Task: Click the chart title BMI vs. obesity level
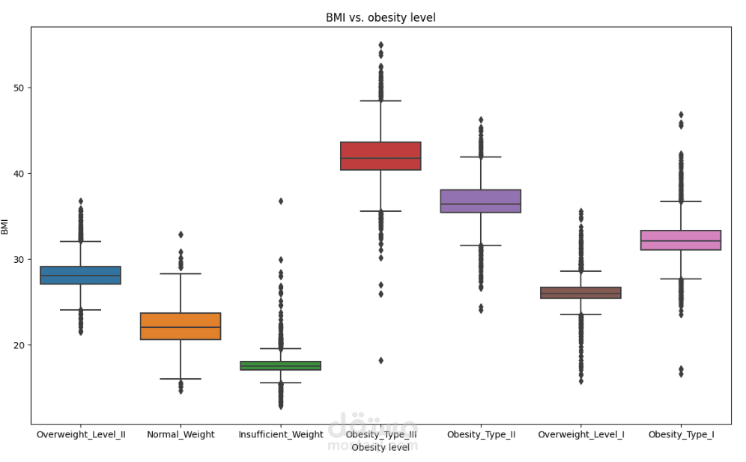(x=380, y=17)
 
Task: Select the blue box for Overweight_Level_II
(x=81, y=275)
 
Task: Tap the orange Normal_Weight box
(x=181, y=326)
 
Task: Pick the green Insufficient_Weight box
(x=281, y=365)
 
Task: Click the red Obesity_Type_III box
(x=380, y=156)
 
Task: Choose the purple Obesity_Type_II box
(x=481, y=201)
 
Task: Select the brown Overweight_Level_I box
(x=580, y=293)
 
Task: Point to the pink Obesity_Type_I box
(x=681, y=240)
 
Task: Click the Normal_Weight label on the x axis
(x=181, y=435)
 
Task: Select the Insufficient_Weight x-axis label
(x=281, y=435)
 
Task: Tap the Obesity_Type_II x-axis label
(x=481, y=435)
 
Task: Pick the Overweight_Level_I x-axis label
(x=580, y=435)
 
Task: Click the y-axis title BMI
(x=5, y=225)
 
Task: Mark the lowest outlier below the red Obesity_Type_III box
(x=380, y=360)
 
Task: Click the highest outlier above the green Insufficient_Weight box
(x=281, y=201)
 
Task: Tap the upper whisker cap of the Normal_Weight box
(x=181, y=274)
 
